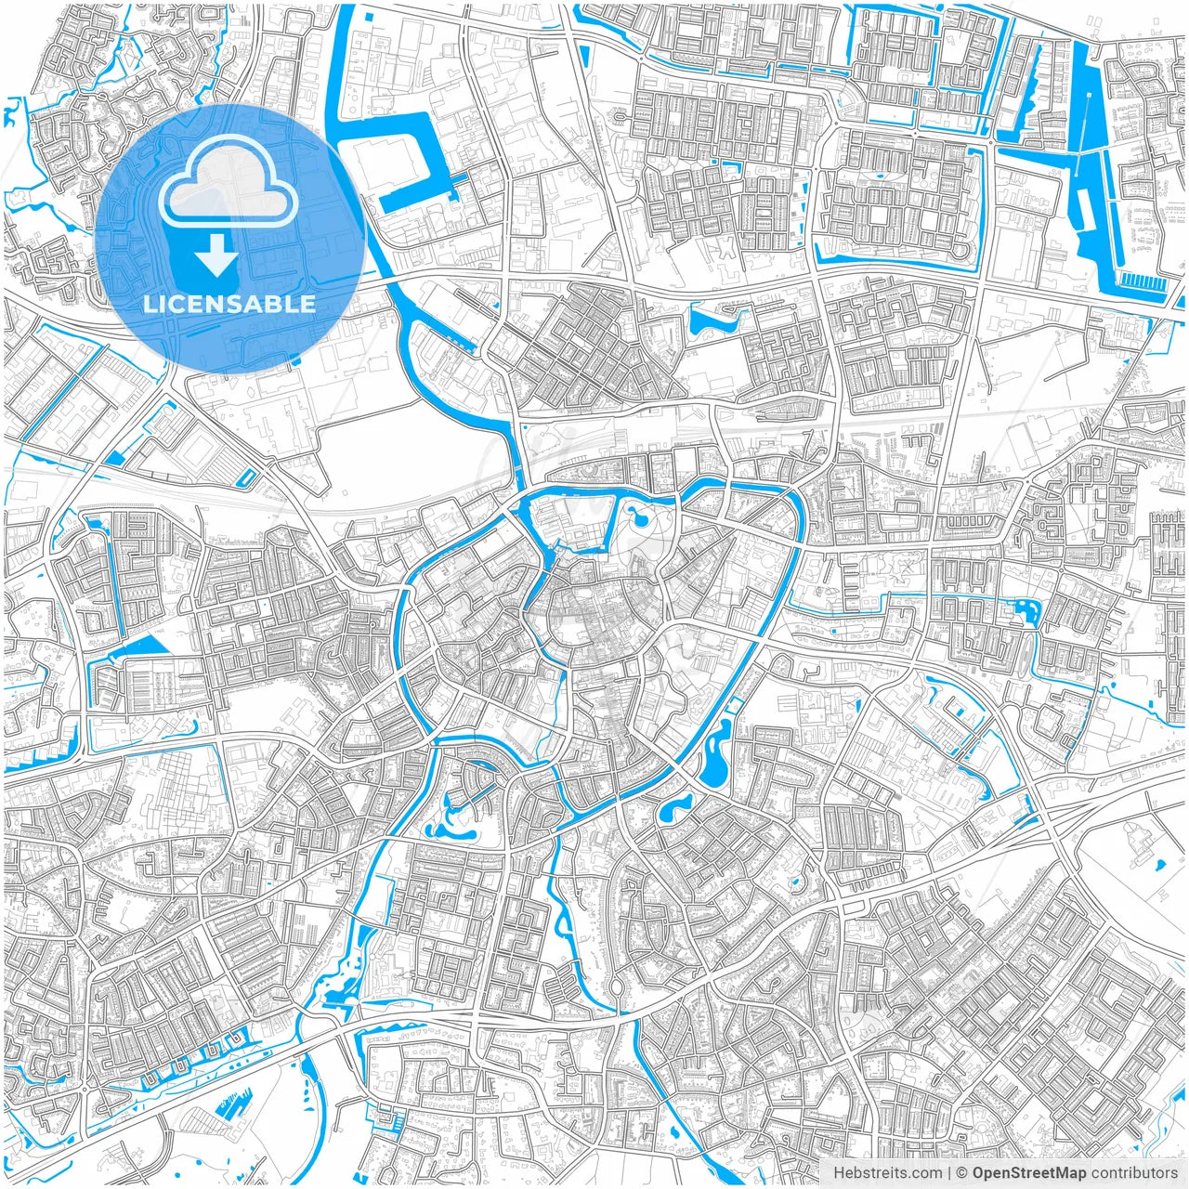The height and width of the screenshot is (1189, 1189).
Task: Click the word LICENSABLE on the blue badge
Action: pyautogui.click(x=229, y=304)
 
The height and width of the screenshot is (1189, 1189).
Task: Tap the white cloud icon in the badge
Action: pyautogui.click(x=229, y=189)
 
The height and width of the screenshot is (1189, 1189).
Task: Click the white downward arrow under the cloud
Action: pyautogui.click(x=216, y=256)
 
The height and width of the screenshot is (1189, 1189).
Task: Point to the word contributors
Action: pyautogui.click(x=1134, y=1173)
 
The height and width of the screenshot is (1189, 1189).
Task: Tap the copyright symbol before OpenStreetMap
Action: pyautogui.click(x=961, y=1173)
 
